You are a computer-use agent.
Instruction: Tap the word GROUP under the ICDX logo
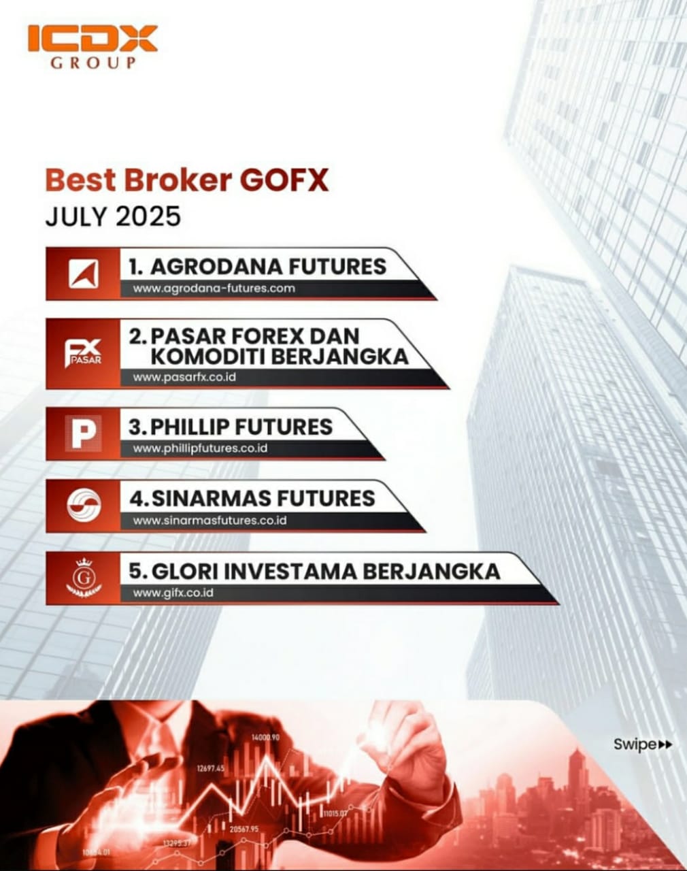(93, 63)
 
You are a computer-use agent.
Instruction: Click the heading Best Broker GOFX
(187, 180)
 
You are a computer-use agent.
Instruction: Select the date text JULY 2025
(113, 216)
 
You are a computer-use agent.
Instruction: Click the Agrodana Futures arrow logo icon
(83, 274)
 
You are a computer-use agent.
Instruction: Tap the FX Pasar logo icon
(83, 352)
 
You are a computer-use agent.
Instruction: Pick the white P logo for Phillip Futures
(83, 433)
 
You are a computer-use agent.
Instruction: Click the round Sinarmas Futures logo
(84, 506)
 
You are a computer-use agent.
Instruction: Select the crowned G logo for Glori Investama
(84, 577)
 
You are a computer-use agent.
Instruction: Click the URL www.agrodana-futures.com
(214, 288)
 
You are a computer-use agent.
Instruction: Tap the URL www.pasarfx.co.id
(184, 376)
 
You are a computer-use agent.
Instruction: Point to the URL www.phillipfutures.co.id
(200, 448)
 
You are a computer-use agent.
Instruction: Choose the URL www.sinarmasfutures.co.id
(210, 521)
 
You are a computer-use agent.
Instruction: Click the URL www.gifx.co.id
(173, 593)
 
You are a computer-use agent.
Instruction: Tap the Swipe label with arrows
(642, 744)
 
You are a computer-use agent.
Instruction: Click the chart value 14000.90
(265, 737)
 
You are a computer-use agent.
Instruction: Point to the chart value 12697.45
(211, 768)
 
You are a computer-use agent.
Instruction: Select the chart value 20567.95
(244, 829)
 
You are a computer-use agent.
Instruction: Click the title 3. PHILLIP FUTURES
(231, 427)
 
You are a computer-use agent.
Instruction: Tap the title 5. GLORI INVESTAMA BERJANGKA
(314, 570)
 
